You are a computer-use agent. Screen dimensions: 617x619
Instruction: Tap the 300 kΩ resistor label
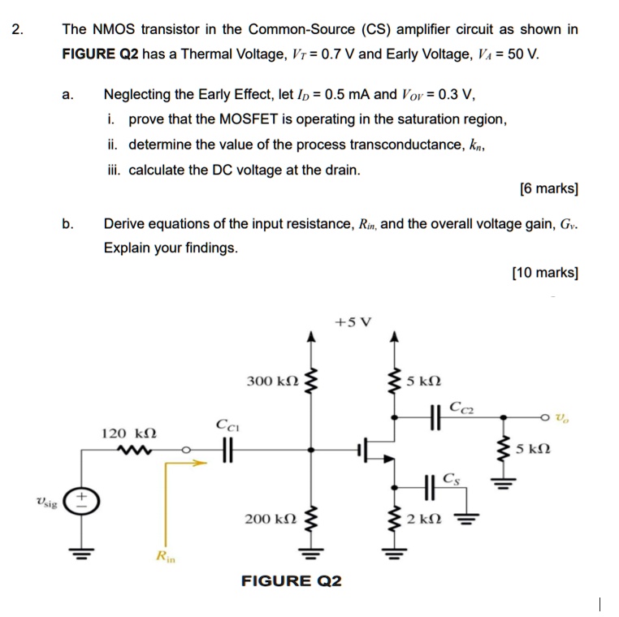272,381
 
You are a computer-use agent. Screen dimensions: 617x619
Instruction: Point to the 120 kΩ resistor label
128,434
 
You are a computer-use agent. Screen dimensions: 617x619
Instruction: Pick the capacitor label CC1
227,424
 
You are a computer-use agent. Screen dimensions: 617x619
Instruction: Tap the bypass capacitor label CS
451,478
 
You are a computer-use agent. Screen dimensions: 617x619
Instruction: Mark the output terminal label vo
562,417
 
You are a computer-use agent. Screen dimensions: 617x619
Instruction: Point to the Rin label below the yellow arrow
165,556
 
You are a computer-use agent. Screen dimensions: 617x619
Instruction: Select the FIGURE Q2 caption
292,580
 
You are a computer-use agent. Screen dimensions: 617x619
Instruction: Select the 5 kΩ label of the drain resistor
424,381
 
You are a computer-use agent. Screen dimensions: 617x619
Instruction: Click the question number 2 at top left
18,30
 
